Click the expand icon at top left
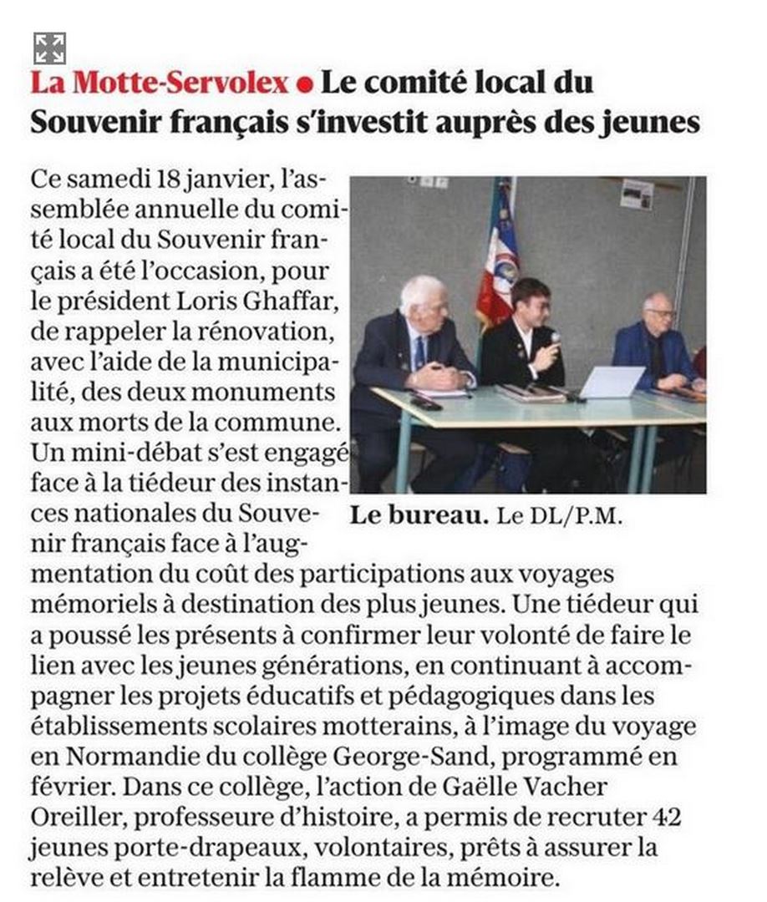tap(49, 48)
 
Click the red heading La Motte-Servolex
tap(160, 83)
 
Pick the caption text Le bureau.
tap(419, 515)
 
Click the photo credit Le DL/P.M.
tap(560, 516)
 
